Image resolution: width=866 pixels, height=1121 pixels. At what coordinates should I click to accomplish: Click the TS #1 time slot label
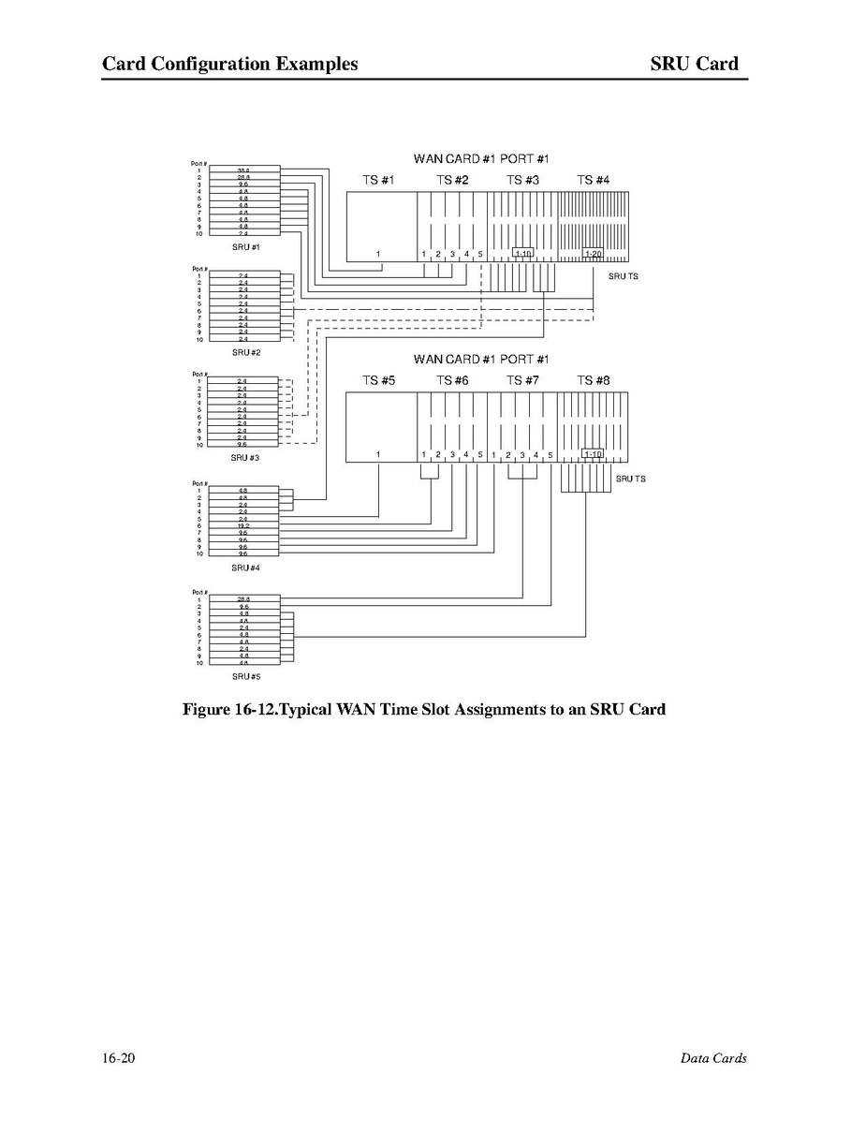tap(379, 180)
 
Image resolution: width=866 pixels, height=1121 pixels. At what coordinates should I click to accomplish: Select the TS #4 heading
tap(593, 180)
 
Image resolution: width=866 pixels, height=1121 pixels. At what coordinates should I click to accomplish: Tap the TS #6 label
tap(452, 380)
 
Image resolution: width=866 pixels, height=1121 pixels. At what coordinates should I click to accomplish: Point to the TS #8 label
tap(593, 380)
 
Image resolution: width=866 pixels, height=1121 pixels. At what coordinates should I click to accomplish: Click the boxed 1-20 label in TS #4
tap(593, 254)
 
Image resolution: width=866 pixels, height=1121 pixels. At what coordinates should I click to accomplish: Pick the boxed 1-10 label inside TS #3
tap(523, 254)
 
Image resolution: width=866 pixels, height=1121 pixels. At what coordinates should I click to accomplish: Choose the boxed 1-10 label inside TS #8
tap(593, 454)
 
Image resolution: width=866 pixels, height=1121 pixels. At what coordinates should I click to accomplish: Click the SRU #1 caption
tap(245, 247)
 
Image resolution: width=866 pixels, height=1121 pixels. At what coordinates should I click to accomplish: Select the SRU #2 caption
tap(245, 353)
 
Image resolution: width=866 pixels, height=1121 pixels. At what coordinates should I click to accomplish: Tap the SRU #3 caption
tap(245, 458)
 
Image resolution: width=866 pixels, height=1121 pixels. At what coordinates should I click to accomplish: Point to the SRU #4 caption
tap(245, 568)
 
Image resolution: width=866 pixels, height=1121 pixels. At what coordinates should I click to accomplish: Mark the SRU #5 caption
tap(245, 676)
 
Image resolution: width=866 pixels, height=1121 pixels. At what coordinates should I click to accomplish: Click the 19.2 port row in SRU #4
tap(243, 526)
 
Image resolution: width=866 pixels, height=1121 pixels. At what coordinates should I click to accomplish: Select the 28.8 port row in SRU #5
tap(243, 598)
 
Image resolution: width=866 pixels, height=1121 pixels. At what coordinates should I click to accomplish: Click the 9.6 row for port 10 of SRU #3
tap(243, 445)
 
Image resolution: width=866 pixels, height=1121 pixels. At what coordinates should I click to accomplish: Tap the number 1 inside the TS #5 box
tap(378, 454)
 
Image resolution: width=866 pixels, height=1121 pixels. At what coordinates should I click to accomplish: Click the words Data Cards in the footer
tap(713, 1058)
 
